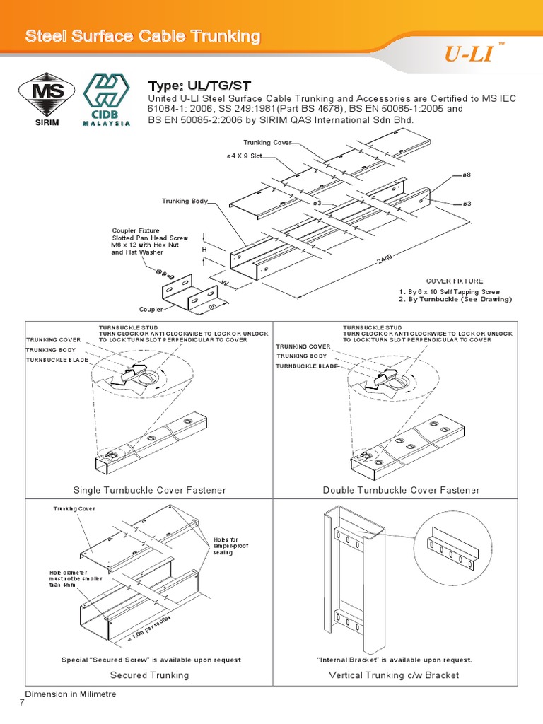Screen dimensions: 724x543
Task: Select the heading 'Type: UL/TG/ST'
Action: [196, 85]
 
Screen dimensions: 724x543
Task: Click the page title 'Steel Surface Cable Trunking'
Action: [143, 36]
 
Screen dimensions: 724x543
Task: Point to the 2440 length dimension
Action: [385, 260]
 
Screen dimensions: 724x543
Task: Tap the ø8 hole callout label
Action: [467, 174]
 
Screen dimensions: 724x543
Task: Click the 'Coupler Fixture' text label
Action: [136, 230]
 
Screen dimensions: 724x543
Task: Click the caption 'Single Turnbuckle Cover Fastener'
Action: [150, 490]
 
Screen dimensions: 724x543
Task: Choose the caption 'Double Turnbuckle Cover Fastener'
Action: [401, 490]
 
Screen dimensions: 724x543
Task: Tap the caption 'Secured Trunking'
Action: [149, 675]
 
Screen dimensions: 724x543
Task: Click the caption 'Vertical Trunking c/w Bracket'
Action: [394, 675]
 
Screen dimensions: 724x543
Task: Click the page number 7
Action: [22, 703]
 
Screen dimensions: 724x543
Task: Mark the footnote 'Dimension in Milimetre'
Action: [71, 694]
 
